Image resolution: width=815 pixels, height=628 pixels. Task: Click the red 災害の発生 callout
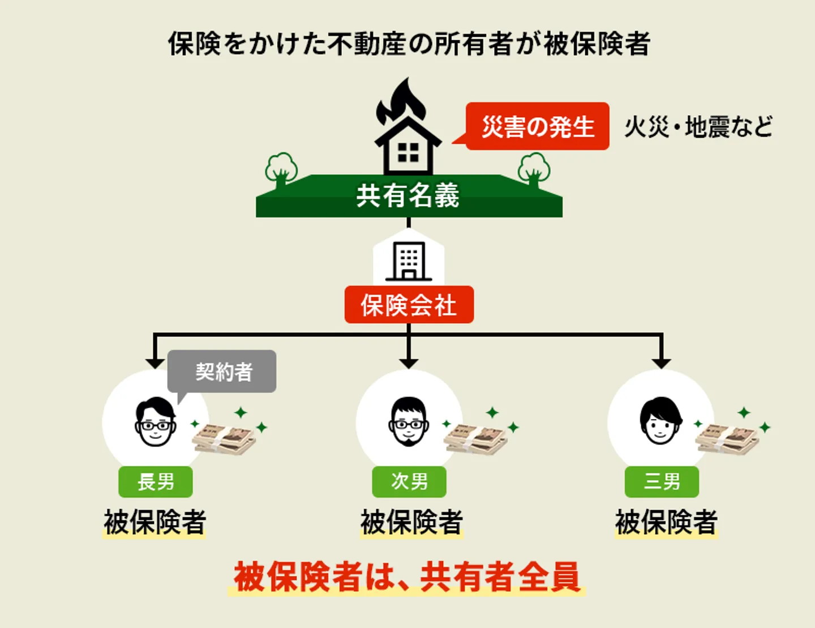537,126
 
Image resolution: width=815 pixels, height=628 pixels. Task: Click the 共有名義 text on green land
407,196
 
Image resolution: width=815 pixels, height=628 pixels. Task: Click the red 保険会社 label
409,305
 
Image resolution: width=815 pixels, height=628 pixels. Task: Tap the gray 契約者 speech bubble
222,371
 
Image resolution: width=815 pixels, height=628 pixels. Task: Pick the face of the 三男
660,421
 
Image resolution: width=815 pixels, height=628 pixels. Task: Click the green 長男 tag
156,482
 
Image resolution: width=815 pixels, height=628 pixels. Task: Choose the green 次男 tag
409,482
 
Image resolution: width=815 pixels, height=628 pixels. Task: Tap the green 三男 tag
662,482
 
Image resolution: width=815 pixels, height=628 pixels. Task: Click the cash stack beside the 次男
475,439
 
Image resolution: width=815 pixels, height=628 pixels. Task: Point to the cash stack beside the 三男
727,439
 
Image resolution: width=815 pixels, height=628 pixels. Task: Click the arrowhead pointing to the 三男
661,362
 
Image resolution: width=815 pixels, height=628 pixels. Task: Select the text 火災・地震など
698,127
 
